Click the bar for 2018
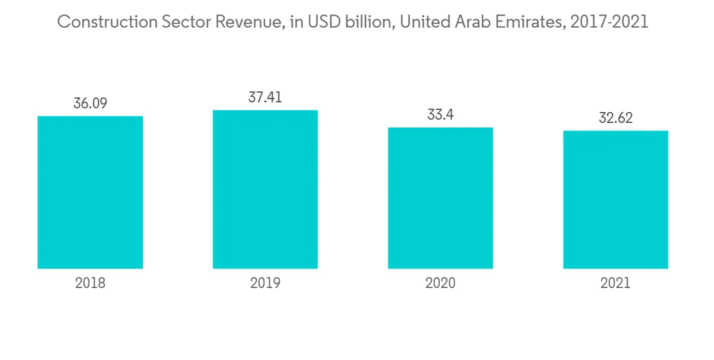click(90, 192)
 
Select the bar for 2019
click(265, 189)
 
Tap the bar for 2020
click(441, 198)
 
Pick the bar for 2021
click(615, 199)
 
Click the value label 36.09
click(90, 103)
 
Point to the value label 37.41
click(265, 97)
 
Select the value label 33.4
click(441, 114)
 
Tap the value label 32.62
click(615, 118)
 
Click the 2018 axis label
click(90, 284)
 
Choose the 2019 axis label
click(265, 284)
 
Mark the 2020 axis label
click(441, 284)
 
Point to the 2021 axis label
click(615, 284)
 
